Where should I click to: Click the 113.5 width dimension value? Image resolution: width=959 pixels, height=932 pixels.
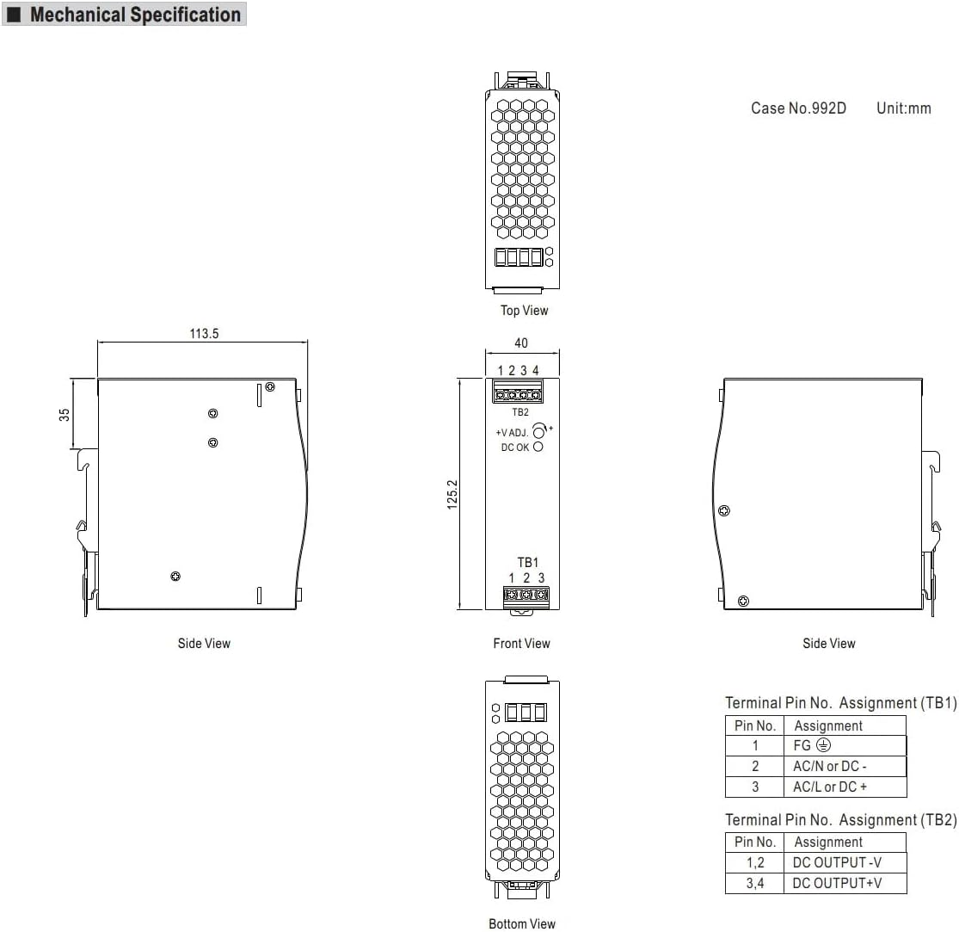pyautogui.click(x=204, y=334)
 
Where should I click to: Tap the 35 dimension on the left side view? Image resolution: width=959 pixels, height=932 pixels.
pyautogui.click(x=65, y=415)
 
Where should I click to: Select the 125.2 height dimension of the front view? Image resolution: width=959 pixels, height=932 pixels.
pyautogui.click(x=452, y=495)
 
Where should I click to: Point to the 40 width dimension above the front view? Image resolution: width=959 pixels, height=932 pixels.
pyautogui.click(x=521, y=343)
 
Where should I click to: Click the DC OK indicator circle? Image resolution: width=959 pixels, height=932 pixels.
pyautogui.click(x=538, y=447)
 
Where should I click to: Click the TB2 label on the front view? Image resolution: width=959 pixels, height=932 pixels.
pyautogui.click(x=519, y=412)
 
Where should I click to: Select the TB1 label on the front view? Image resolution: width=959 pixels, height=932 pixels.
pyautogui.click(x=528, y=562)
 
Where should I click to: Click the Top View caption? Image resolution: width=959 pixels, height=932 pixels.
pyautogui.click(x=524, y=311)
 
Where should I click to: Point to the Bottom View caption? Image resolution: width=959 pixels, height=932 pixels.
pyautogui.click(x=522, y=923)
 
